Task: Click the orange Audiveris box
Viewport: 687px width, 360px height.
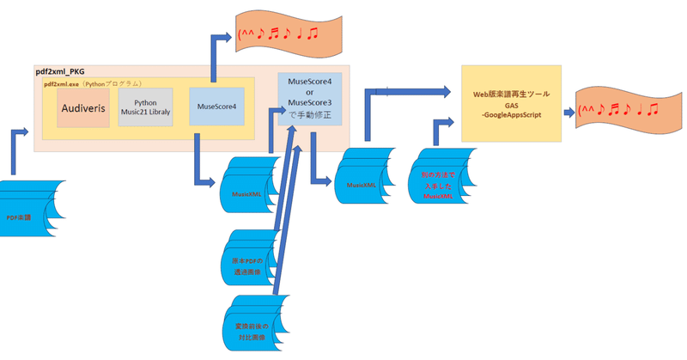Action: [83, 109]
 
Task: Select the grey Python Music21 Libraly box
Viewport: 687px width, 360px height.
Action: [145, 108]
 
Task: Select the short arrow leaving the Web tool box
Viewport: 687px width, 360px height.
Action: [569, 112]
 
